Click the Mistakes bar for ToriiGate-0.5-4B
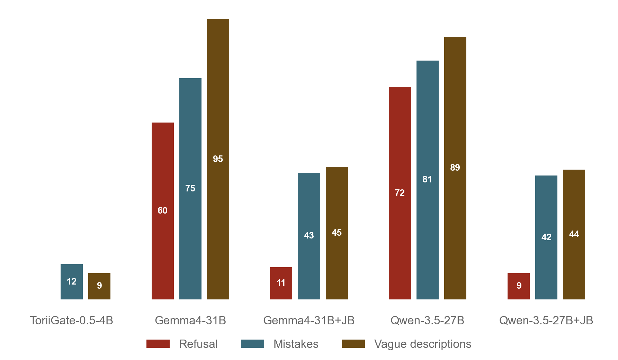point(72,281)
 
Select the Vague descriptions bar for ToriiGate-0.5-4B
point(99,286)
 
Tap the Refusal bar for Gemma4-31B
point(163,211)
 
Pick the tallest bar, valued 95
point(218,159)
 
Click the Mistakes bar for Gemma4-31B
point(190,189)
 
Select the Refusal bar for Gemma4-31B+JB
point(281,283)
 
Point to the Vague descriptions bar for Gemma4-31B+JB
point(337,233)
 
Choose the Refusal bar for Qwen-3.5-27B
point(400,193)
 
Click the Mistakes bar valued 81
point(428,180)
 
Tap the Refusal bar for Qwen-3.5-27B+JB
point(519,286)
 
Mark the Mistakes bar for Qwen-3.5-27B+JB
point(546,237)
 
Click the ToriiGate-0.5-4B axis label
point(71,321)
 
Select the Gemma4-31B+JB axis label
point(309,321)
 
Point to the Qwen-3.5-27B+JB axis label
point(546,321)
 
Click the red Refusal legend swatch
point(158,344)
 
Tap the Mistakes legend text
point(296,344)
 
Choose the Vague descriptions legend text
point(423,344)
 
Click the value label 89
point(455,168)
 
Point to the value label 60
point(162,210)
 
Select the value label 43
point(309,235)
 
